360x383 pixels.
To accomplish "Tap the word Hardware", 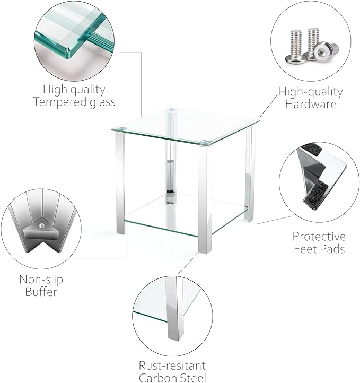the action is (311, 104).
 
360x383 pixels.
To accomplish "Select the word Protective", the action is (319, 237).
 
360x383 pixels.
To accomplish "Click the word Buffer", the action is (41, 292).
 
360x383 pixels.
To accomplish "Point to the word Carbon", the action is (156, 378).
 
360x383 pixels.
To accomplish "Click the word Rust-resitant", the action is (172, 366).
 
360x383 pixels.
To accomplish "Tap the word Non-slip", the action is (41, 280).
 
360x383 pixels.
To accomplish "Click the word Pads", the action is (333, 249).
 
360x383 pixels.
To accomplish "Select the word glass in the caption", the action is (102, 102).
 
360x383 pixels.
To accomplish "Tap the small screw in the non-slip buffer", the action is (42, 226).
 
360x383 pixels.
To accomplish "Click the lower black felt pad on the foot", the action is (314, 195).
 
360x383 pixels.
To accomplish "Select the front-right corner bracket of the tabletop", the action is (205, 142).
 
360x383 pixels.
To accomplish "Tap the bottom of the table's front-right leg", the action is (205, 251).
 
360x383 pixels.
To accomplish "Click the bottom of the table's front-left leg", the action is (121, 232).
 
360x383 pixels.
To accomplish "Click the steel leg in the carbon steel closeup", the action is (174, 308).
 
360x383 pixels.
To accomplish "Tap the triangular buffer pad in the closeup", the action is (41, 232).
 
